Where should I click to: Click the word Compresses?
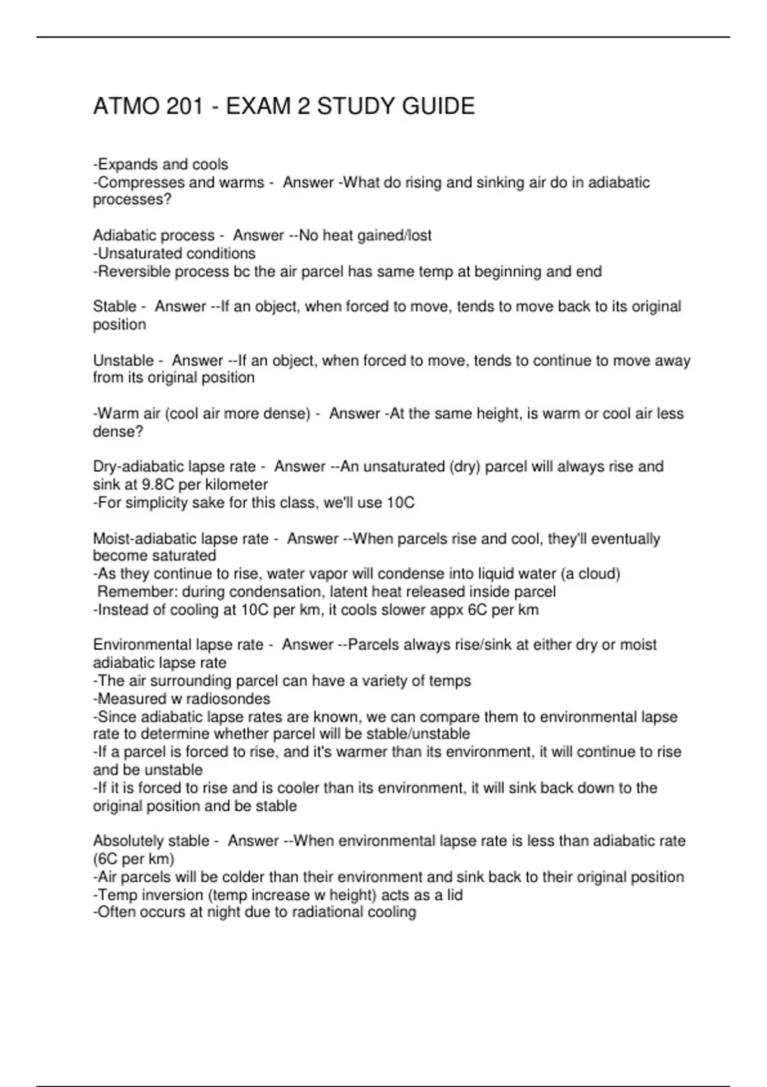pos(137,183)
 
